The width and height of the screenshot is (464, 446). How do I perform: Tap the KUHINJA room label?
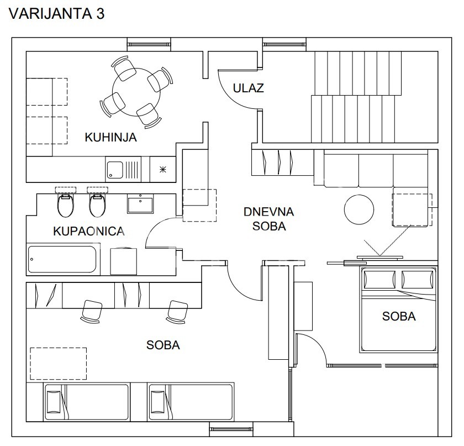[x=110, y=137]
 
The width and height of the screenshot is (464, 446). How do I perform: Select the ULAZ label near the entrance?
[x=248, y=88]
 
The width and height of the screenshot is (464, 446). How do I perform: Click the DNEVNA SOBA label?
[x=269, y=218]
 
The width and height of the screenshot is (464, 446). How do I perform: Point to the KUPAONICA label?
[x=88, y=231]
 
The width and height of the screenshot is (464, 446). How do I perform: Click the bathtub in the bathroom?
[x=62, y=260]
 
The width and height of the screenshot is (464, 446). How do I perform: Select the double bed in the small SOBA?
[x=399, y=309]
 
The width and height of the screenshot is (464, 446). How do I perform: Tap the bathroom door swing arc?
[x=157, y=232]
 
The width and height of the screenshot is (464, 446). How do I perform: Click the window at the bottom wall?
[x=231, y=428]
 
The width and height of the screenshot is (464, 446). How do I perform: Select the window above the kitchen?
[x=149, y=44]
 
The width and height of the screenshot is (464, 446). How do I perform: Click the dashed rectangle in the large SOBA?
[x=58, y=363]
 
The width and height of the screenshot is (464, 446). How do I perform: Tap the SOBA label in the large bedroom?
[x=163, y=345]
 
